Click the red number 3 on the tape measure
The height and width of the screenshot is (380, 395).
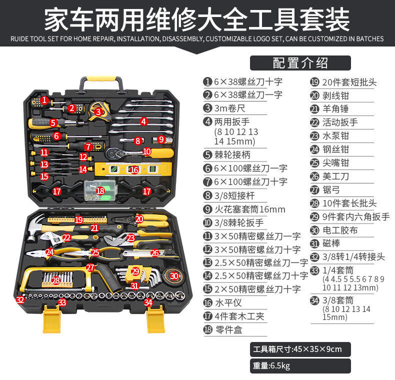coord(98,111)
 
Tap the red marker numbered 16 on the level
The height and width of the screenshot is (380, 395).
coord(134,170)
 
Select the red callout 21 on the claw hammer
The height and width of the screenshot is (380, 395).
coord(94,228)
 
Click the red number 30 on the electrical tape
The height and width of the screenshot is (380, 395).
coord(174,276)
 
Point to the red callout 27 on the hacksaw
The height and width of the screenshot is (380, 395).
coord(90,267)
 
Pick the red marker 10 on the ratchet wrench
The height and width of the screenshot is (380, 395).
coord(146,151)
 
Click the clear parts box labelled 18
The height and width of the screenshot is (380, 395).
coord(100,190)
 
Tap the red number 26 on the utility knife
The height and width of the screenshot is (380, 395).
coord(154,252)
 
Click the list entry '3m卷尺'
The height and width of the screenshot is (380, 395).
coord(229,108)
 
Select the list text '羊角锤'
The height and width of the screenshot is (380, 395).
coord(335,108)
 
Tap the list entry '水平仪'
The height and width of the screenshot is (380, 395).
coord(228,302)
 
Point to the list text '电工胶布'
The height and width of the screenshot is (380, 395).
coord(340,230)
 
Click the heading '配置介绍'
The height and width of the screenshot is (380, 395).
coord(300,62)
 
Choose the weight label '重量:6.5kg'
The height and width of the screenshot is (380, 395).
coord(271,365)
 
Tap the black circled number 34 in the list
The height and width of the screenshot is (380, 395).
coord(314,300)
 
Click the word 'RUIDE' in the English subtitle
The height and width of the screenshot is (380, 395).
coord(19,39)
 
